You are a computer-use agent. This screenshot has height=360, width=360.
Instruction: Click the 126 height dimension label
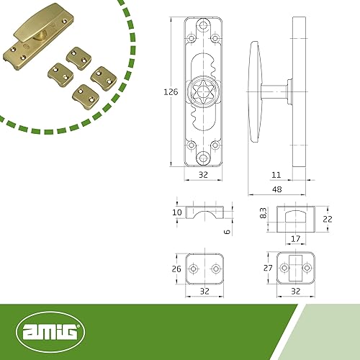tap(171, 92)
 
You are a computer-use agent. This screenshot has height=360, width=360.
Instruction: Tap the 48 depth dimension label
tap(277, 189)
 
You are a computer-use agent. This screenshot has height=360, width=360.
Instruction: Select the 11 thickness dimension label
tap(276, 175)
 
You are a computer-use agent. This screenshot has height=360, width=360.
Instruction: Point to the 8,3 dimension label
tap(264, 213)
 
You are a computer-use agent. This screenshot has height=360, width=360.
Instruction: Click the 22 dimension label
tap(328, 219)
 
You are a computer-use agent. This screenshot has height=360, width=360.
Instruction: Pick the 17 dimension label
tap(296, 239)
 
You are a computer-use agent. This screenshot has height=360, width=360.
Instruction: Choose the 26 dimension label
tap(176, 269)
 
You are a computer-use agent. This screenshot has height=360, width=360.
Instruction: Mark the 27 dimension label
tap(268, 268)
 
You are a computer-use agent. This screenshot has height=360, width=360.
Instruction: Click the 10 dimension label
tap(177, 212)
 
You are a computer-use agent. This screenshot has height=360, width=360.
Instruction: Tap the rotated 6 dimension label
tap(227, 232)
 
